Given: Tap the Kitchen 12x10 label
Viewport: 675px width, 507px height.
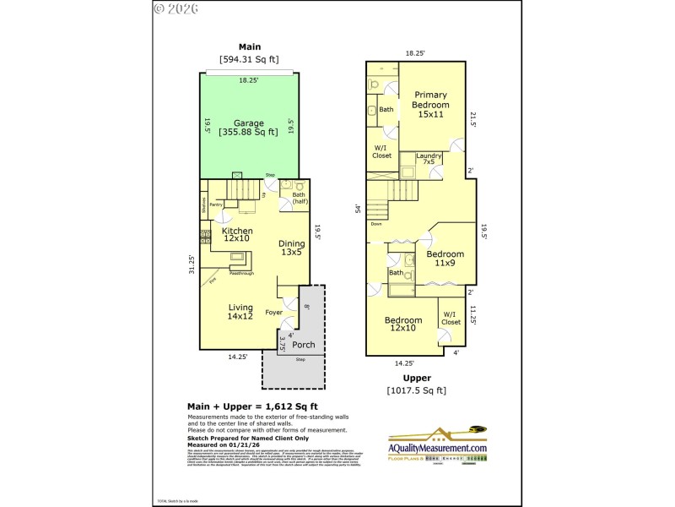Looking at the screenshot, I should click(237, 235).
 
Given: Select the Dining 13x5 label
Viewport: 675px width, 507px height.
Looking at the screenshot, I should click(292, 248).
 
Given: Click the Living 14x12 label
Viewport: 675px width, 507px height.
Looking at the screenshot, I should click(240, 312).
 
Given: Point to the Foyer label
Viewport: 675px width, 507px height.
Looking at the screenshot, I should click(273, 312).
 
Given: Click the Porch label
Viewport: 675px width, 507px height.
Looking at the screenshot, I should click(304, 344).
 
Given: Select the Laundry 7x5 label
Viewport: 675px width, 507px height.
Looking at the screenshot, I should click(429, 158).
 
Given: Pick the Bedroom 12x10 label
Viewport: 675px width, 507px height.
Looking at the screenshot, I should click(402, 324).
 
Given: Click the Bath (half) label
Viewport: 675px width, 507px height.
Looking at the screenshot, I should click(299, 199).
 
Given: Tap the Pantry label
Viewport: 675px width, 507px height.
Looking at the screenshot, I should click(216, 204).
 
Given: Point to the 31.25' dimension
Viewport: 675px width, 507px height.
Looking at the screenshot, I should click(192, 264).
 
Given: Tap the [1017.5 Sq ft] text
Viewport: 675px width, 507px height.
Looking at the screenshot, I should click(416, 390).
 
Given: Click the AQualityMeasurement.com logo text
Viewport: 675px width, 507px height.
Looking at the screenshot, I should click(436, 448).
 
